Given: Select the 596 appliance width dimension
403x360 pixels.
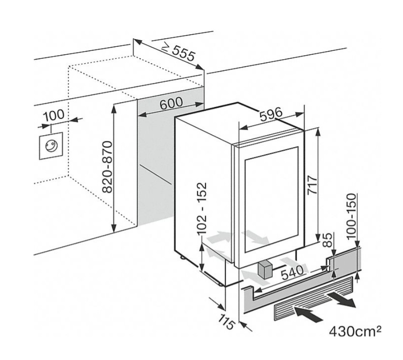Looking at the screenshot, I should [x=271, y=114].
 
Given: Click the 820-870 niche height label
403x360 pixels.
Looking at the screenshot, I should [x=106, y=167].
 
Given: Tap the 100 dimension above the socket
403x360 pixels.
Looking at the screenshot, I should [x=54, y=115].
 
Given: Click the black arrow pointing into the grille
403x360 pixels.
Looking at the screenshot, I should [x=308, y=314].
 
